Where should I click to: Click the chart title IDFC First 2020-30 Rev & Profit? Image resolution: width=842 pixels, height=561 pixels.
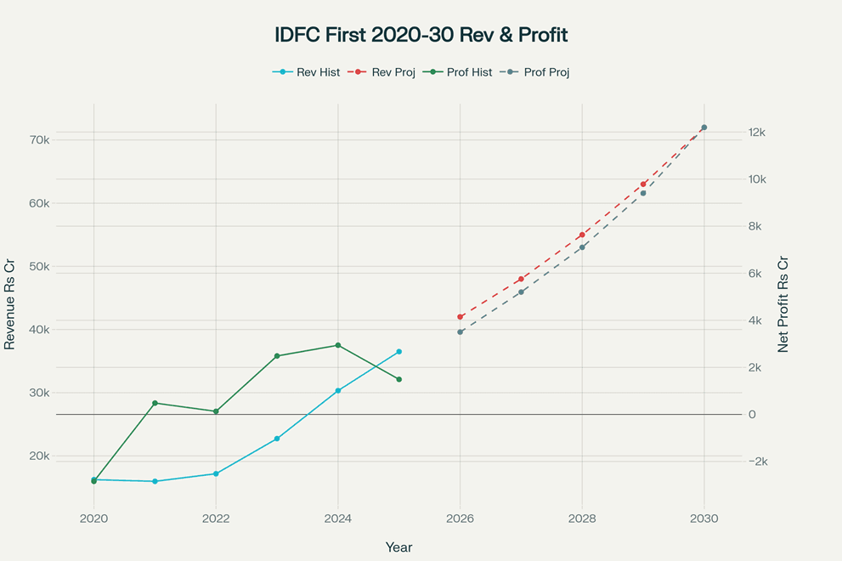(x=421, y=35)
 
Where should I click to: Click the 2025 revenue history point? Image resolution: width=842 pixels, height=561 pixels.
(x=398, y=351)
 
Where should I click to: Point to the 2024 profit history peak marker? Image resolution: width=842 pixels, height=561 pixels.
(x=338, y=345)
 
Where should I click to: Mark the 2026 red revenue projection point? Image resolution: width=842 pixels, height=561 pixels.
(x=460, y=317)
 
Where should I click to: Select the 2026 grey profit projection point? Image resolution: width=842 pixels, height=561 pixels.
(x=460, y=332)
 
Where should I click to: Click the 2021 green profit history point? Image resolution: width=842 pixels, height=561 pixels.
(x=155, y=403)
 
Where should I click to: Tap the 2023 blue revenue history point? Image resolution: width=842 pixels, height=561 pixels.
(x=277, y=439)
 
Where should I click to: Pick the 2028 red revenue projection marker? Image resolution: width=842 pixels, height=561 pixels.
(x=582, y=235)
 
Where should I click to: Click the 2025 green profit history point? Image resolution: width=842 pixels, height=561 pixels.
(x=398, y=379)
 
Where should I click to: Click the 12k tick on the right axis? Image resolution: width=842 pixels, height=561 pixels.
(x=757, y=133)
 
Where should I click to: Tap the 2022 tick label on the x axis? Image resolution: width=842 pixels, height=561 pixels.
(x=216, y=518)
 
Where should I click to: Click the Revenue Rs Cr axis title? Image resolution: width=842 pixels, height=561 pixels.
(x=10, y=305)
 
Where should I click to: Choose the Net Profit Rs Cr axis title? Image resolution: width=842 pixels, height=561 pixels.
(x=783, y=305)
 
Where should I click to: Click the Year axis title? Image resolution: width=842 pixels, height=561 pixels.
(x=398, y=547)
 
